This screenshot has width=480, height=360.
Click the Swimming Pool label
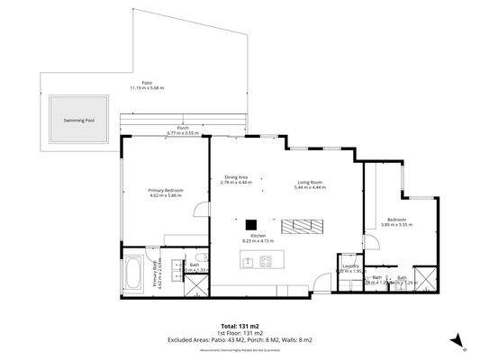tap(79, 119)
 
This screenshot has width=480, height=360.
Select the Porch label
tap(183, 128)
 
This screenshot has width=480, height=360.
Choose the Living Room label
tap(311, 183)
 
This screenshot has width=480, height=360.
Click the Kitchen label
tap(258, 236)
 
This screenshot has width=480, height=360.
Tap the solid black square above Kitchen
tap(252, 224)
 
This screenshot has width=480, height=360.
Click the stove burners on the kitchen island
tap(266, 262)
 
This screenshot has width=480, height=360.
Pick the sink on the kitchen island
tap(246, 262)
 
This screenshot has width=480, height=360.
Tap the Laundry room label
tap(350, 265)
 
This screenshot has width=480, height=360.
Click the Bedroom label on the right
tap(396, 220)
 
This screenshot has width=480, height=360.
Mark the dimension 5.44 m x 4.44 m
tap(311, 188)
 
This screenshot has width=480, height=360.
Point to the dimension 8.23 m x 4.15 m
tap(258, 241)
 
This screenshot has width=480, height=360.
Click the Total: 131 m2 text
tap(240, 325)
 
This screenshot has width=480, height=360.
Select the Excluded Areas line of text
tap(240, 339)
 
